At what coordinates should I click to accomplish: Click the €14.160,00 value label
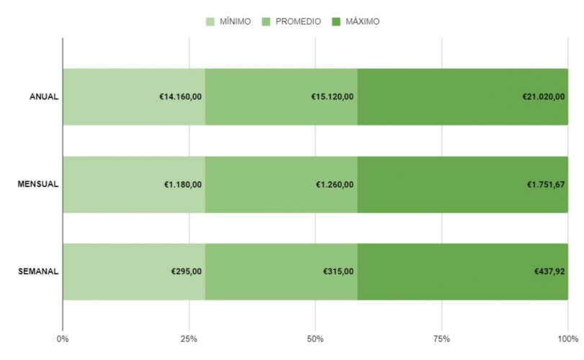click(x=180, y=96)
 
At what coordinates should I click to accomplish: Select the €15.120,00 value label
click(x=332, y=96)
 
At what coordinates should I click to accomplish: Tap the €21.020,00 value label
click(x=544, y=96)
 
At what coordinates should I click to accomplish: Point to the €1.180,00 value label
click(x=183, y=184)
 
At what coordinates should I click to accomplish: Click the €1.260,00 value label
click(x=335, y=184)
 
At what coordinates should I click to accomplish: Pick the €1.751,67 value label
click(x=546, y=184)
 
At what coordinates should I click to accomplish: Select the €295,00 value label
click(x=187, y=271)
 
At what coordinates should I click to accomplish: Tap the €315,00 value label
click(x=338, y=271)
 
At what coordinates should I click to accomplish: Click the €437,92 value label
click(x=549, y=271)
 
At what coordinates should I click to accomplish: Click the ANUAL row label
click(x=44, y=96)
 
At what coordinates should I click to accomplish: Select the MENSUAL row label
click(x=38, y=184)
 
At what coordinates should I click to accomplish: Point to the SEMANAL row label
click(x=38, y=271)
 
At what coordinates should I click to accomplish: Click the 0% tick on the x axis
click(x=63, y=338)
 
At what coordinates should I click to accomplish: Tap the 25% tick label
click(x=189, y=338)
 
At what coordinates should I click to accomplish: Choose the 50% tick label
click(x=315, y=338)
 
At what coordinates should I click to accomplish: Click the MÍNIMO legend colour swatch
click(x=211, y=22)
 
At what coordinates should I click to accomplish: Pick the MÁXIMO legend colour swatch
click(x=336, y=22)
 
